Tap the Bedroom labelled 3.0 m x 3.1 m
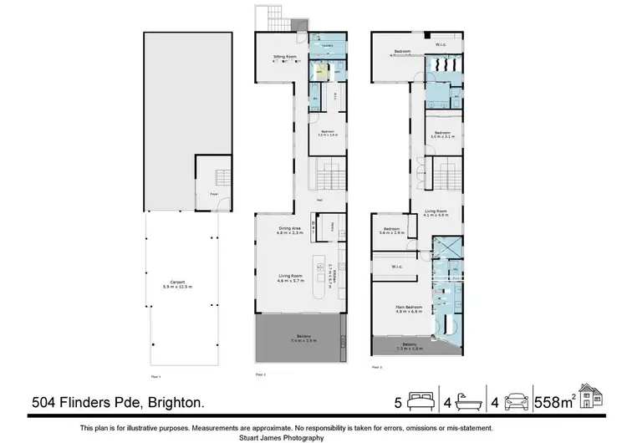(441, 135)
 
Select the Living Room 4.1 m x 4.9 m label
(436, 213)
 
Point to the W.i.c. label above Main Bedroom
(397, 267)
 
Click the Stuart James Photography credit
(313, 436)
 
